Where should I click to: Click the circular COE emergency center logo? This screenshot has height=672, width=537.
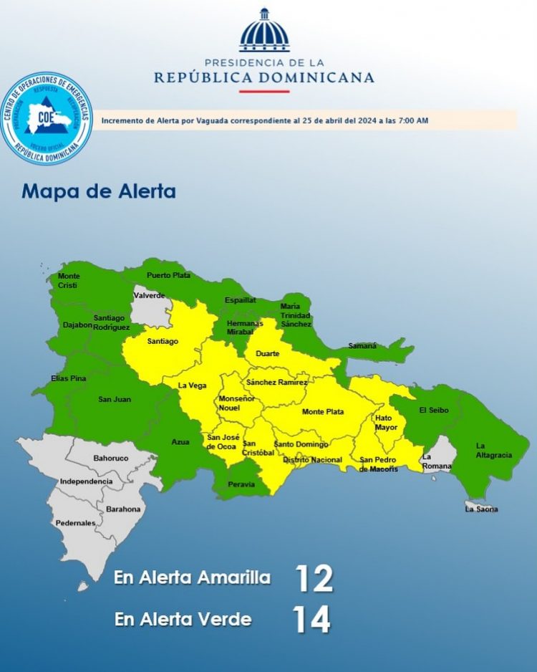point(47,117)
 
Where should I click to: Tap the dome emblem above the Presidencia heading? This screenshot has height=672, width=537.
point(264,31)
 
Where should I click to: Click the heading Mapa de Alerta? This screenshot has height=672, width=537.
point(99,192)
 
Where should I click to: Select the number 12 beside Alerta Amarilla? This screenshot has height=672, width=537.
point(314,579)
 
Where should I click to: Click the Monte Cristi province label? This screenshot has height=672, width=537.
point(69,280)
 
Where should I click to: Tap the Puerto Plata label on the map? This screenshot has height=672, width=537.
point(168,275)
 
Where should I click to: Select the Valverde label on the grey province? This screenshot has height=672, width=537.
point(149,295)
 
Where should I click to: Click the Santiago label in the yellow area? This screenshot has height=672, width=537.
point(163,341)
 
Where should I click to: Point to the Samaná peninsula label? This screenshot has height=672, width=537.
point(362,345)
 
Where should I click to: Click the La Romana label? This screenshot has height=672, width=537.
point(437,461)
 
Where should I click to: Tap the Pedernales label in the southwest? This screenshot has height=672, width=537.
point(76,523)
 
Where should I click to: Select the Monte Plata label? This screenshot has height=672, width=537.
point(323,411)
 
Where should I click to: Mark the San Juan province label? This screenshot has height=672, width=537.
point(115,398)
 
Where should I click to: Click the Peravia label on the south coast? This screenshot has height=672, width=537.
point(242,484)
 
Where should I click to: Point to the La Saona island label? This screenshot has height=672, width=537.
point(481,509)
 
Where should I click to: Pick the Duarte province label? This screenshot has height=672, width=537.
point(268,353)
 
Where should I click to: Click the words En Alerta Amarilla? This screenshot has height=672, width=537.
point(192,578)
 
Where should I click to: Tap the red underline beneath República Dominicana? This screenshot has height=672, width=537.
point(264,91)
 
